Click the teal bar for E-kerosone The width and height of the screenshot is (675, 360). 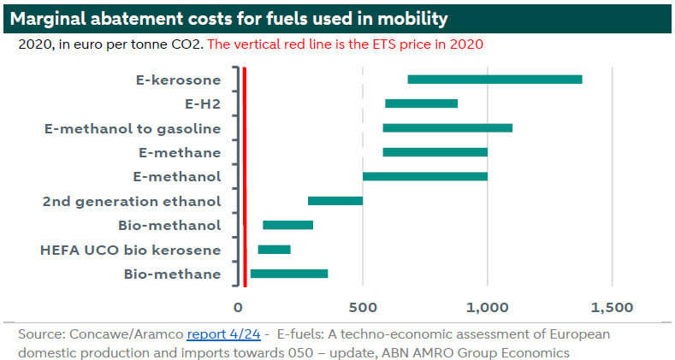click(x=494, y=80)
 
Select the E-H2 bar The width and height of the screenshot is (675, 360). click(x=421, y=103)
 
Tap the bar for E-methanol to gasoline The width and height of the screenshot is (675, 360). click(x=447, y=128)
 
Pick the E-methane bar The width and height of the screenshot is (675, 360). click(x=435, y=152)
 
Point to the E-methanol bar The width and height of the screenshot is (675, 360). click(x=425, y=176)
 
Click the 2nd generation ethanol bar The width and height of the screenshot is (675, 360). click(x=335, y=201)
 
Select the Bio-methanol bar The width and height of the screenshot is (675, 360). click(x=287, y=225)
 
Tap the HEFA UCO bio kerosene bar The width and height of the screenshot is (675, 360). click(x=274, y=250)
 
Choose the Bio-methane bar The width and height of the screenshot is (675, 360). click(x=288, y=274)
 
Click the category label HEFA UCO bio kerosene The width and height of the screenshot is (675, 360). click(x=131, y=250)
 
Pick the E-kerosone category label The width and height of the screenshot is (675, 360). click(x=178, y=80)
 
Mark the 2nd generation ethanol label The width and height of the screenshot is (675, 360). click(x=131, y=202)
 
